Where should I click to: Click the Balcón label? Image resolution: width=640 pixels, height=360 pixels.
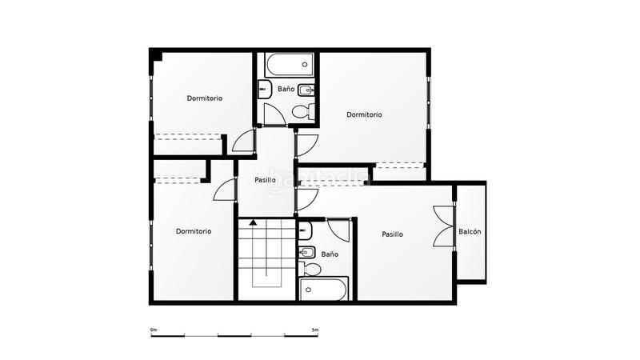pyautogui.click(x=470, y=231)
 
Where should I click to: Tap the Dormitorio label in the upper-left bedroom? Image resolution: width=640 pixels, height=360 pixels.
pyautogui.click(x=205, y=98)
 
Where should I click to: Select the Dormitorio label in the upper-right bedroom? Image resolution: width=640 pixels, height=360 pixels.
pyautogui.click(x=364, y=114)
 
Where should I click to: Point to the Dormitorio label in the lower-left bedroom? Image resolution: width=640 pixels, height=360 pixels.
pyautogui.click(x=194, y=231)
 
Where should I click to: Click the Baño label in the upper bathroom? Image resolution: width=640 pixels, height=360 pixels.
pyautogui.click(x=286, y=89)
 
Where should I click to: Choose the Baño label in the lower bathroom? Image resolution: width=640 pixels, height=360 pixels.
pyautogui.click(x=330, y=254)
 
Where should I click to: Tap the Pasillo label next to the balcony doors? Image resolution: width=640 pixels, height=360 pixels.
pyautogui.click(x=392, y=234)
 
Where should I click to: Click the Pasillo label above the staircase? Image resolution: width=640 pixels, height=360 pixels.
pyautogui.click(x=265, y=180)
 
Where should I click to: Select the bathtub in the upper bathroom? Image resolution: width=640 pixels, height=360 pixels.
pyautogui.click(x=290, y=65)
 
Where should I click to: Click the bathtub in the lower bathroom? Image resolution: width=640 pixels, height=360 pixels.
pyautogui.click(x=324, y=289)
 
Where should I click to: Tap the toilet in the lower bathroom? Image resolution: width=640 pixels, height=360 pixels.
pyautogui.click(x=310, y=269)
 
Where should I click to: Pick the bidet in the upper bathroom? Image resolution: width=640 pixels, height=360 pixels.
pyautogui.click(x=306, y=90)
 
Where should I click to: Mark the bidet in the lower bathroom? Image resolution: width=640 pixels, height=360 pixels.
pyautogui.click(x=306, y=253)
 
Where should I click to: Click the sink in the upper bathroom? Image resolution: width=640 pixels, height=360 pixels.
pyautogui.click(x=265, y=89)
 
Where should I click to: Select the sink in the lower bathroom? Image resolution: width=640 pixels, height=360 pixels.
pyautogui.click(x=306, y=231)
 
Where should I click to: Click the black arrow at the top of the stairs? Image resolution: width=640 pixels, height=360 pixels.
pyautogui.click(x=253, y=222)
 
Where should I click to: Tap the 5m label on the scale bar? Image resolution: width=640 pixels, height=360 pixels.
pyautogui.click(x=315, y=330)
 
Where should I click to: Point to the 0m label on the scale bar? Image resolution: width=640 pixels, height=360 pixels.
pyautogui.click(x=154, y=330)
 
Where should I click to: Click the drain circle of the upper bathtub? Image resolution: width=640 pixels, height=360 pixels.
pyautogui.click(x=305, y=65)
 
